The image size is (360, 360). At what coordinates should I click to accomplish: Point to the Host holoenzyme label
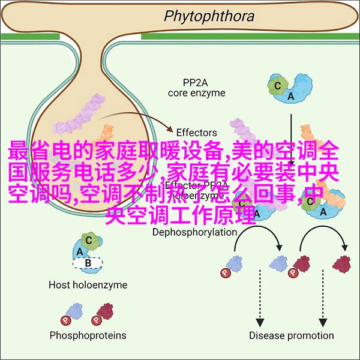point(88,284)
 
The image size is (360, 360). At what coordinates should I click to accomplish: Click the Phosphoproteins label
point(88,335)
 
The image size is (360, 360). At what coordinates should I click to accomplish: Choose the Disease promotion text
point(291,335)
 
